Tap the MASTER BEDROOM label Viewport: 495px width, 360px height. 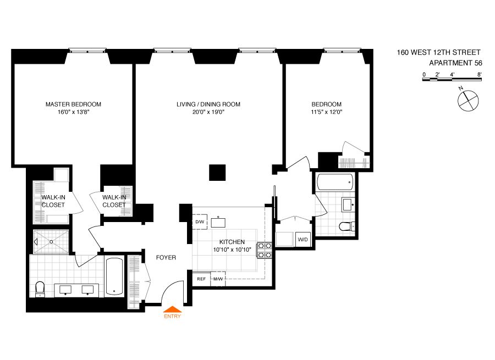tap(73, 104)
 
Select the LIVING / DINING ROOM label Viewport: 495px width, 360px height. tap(208, 104)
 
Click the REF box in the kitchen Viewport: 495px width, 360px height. tap(201, 279)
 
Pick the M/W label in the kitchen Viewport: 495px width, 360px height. tap(218, 279)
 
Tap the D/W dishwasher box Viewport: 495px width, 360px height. tap(200, 222)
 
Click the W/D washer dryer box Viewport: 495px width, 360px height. tap(302, 240)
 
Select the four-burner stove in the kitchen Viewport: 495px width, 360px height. tap(266, 250)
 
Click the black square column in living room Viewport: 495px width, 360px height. tap(217, 171)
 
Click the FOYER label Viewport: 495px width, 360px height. tap(166, 257)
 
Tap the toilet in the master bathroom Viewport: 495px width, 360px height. tap(40, 288)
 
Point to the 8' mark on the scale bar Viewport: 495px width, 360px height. tap(480, 74)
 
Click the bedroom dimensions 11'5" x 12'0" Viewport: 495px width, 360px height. tap(327, 112)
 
